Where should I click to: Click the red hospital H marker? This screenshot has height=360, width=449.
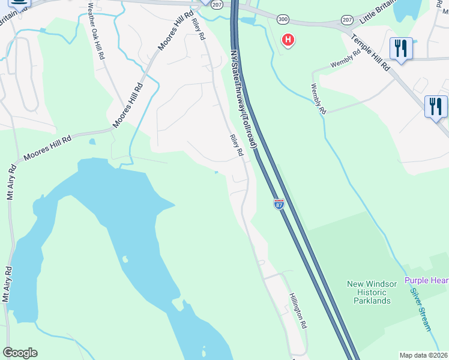[x=289, y=41]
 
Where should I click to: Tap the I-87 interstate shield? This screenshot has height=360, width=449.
[x=279, y=205]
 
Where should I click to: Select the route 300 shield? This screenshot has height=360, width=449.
[x=283, y=20]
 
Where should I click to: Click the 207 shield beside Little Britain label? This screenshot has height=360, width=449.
[x=347, y=20]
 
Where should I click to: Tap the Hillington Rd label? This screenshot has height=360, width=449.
[x=298, y=310]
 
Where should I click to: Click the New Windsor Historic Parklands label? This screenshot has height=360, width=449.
[x=369, y=292]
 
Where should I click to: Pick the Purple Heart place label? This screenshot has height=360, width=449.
[x=426, y=280]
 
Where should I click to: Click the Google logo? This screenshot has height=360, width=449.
[x=20, y=353]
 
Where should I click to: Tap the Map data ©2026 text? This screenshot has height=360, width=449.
[x=424, y=355]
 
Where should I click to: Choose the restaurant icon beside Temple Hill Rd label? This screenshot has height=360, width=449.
[x=400, y=49]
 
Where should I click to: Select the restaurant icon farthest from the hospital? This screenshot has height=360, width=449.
[x=435, y=107]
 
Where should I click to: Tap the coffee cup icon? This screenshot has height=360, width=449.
[x=18, y=2]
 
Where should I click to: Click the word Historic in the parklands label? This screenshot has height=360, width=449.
[x=369, y=292]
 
